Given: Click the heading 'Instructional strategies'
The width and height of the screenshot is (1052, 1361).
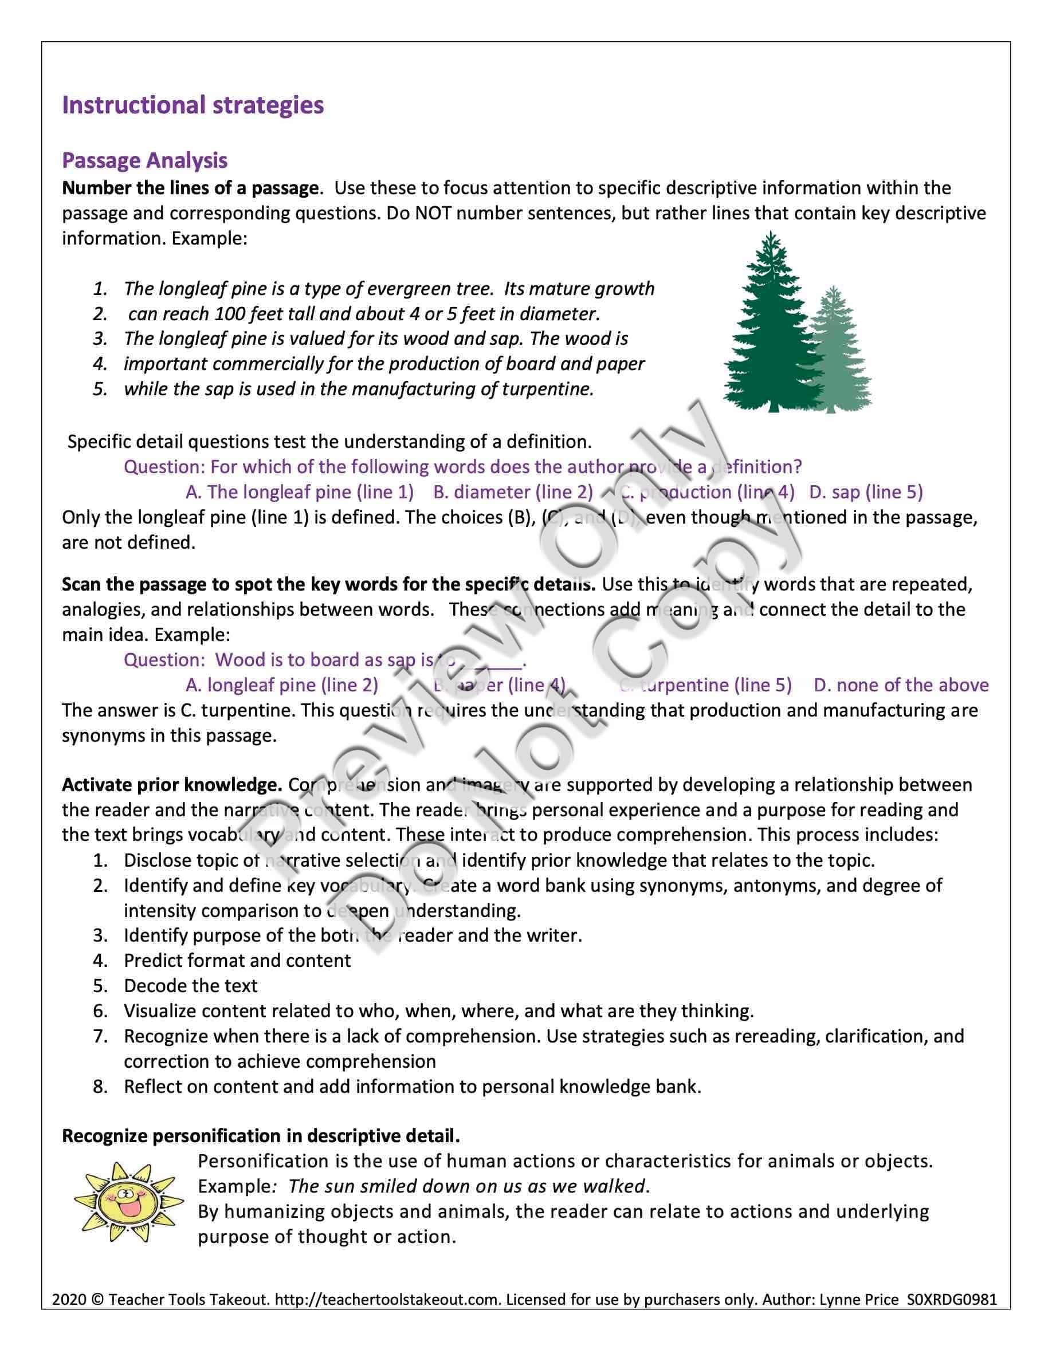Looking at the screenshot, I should pos(193,105).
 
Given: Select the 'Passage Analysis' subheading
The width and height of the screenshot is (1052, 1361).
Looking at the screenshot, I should pos(144,161).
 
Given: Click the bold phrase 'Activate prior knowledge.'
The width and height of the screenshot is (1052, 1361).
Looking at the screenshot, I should pos(172,785).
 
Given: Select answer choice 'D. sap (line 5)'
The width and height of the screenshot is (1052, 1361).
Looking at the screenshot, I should pos(866,492).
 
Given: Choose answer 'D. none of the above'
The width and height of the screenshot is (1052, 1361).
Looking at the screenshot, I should pos(901,685).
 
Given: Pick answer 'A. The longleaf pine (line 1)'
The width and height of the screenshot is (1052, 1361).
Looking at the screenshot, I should pos(300,492).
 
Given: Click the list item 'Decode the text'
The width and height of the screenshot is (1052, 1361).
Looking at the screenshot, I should pos(190,985).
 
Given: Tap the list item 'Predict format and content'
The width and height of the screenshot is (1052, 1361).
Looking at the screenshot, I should pos(237,960).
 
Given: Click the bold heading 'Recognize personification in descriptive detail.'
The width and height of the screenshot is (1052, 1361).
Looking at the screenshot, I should pos(261,1136).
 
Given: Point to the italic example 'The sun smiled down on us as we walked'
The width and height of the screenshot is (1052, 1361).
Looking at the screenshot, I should pos(467,1186).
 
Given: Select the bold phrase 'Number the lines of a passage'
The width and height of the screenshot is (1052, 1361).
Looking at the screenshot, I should pos(190,188).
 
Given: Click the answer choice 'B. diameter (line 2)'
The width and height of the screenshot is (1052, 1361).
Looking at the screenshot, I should pos(513,492).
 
